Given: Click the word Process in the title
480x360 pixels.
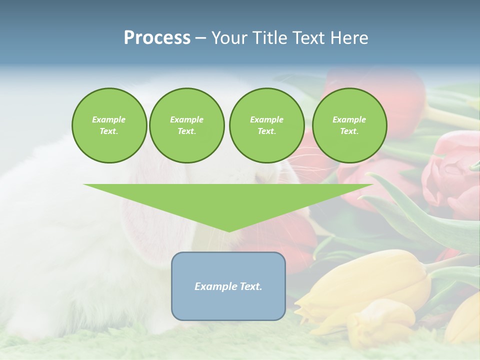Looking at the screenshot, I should [x=157, y=38].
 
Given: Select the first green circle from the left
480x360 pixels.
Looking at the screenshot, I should [x=109, y=125].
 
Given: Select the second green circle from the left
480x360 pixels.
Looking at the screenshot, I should [x=187, y=125].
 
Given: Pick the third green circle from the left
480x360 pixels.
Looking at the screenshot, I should [x=266, y=125].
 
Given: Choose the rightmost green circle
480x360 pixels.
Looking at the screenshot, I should [x=349, y=125].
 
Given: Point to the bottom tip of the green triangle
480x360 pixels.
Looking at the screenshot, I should [x=228, y=231].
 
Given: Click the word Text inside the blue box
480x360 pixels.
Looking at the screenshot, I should [x=250, y=286].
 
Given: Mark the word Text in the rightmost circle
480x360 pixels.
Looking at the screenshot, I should [x=349, y=131].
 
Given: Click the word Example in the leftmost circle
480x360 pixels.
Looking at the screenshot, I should [x=109, y=119].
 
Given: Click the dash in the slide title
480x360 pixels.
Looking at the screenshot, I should [x=200, y=38].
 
